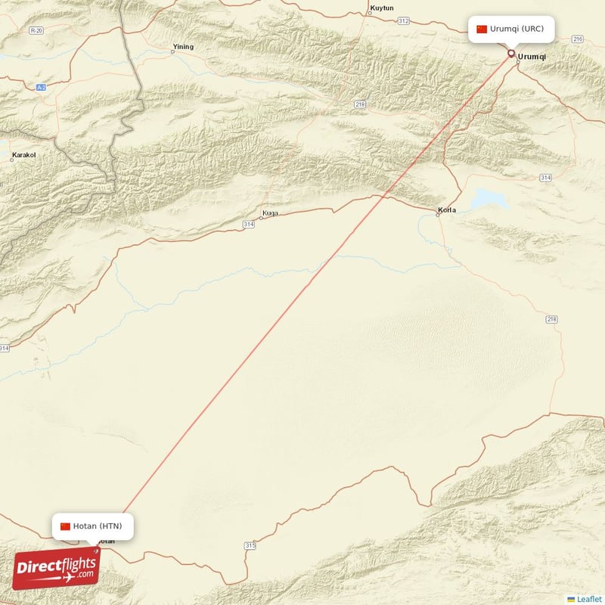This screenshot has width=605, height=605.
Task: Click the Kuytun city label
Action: coord(381,8)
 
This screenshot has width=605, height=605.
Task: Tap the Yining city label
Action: coord(183,47)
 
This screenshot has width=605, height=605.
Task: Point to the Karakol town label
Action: coord(23,155)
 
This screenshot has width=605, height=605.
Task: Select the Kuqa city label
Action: coord(270,213)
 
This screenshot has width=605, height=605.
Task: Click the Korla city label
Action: coord(447,210)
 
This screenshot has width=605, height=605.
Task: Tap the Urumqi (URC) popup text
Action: coord(517,29)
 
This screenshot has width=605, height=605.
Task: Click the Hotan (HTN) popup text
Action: coord(98,526)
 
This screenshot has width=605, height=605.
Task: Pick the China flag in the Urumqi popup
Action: coord(482,29)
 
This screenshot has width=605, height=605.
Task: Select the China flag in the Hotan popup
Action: coord(65,526)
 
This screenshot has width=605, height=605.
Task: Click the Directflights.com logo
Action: coord(56,568)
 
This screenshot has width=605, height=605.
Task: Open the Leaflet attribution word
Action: coord(589,599)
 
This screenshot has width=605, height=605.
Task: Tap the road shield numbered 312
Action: coord(403,20)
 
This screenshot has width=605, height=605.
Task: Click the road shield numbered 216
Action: coord(578,39)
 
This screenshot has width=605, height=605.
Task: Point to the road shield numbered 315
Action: coord(250,545)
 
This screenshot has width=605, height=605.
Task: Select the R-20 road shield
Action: coord(36,30)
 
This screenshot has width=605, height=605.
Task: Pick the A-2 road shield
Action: coord(41,88)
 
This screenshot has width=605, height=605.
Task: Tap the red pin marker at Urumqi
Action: coord(511,53)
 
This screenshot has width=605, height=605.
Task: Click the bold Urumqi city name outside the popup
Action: coord(532,56)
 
